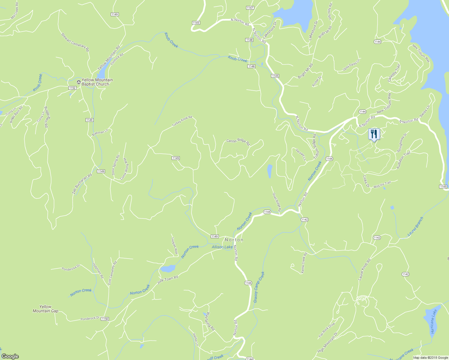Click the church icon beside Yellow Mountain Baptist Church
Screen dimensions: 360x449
79,82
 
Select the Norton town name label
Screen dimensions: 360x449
234,240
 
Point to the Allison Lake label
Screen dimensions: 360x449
222,247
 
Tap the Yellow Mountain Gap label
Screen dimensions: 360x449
45,309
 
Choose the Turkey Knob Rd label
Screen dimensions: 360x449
182,121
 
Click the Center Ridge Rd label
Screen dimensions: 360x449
238,142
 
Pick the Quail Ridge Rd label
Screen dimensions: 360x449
276,202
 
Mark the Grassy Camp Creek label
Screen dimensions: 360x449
259,287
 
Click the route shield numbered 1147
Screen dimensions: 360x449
250,7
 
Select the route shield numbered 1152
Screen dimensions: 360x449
72,88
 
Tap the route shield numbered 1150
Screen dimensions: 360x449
105,319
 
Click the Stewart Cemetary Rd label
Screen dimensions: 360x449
75,42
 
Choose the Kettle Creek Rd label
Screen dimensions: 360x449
304,263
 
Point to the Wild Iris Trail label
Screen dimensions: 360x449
382,185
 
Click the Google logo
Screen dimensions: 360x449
10,356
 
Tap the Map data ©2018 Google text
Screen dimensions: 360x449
430,357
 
